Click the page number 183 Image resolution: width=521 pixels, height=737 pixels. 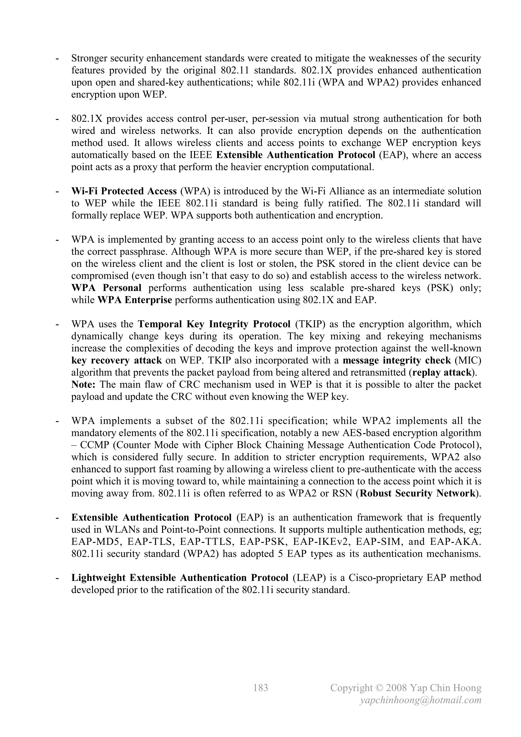(x=260, y=688)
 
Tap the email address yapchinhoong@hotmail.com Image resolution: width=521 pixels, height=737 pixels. (x=421, y=700)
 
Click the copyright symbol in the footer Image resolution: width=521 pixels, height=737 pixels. (x=380, y=688)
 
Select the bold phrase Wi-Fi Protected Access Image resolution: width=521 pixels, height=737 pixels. (x=124, y=191)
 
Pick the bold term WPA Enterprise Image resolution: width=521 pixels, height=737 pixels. (x=135, y=300)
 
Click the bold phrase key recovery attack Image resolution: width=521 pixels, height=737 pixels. (x=117, y=360)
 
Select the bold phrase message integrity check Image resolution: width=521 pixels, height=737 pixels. (x=397, y=360)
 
